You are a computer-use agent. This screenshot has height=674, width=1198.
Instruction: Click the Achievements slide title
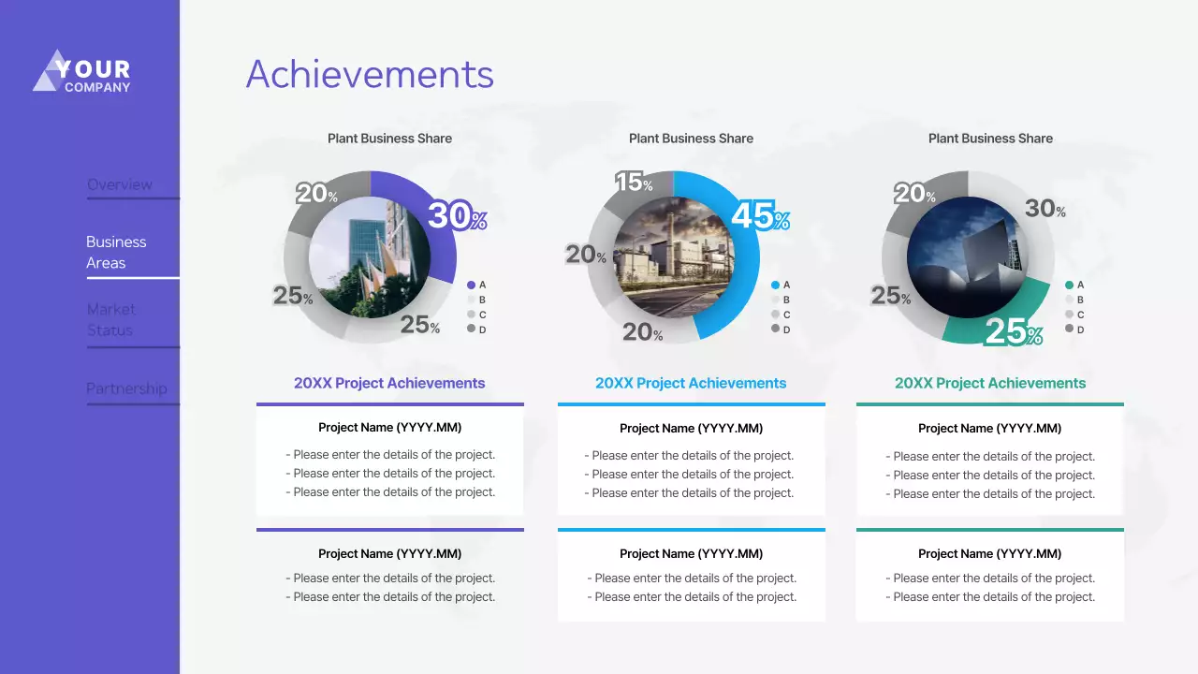[x=369, y=75]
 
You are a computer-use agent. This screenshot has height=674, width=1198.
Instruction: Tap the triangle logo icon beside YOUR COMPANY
[x=49, y=72]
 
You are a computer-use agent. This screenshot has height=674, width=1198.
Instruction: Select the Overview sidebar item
[x=120, y=184]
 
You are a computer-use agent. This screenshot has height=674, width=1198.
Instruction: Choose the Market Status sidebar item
[x=110, y=319]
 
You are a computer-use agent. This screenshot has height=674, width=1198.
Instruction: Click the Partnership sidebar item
[x=126, y=388]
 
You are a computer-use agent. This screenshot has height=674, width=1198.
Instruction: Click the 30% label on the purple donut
[x=457, y=216]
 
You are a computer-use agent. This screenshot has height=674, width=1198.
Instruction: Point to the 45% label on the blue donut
[x=760, y=217]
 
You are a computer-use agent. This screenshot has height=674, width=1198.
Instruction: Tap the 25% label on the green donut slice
[x=1013, y=332]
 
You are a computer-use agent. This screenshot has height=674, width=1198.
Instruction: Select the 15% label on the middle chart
[x=634, y=183]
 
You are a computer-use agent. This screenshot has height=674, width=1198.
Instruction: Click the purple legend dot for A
[x=471, y=285]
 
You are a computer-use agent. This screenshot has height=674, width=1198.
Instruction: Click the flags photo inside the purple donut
[x=370, y=257]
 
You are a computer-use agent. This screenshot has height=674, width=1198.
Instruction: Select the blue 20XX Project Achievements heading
[x=691, y=383]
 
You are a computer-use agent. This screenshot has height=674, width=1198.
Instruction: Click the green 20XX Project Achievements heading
[x=990, y=383]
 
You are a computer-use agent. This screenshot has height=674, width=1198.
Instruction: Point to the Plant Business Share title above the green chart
[x=990, y=139]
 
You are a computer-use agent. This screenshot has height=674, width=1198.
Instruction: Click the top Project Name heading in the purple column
[x=389, y=428]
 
